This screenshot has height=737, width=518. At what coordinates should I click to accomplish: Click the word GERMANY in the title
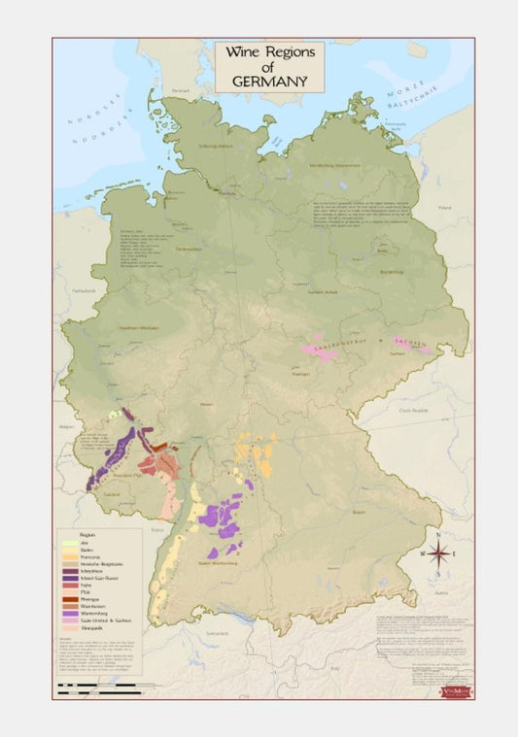(x=270, y=81)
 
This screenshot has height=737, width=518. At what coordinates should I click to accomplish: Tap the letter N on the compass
(x=438, y=535)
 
